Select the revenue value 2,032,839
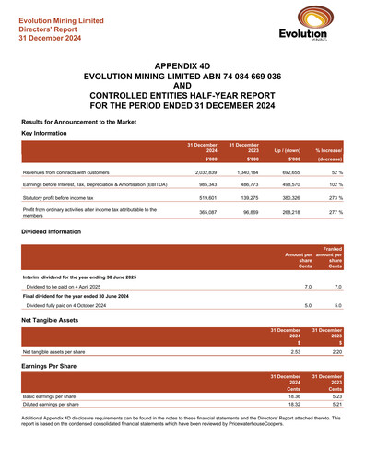point(202,171)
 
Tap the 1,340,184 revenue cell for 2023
point(242,171)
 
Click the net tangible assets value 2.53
point(295,351)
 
